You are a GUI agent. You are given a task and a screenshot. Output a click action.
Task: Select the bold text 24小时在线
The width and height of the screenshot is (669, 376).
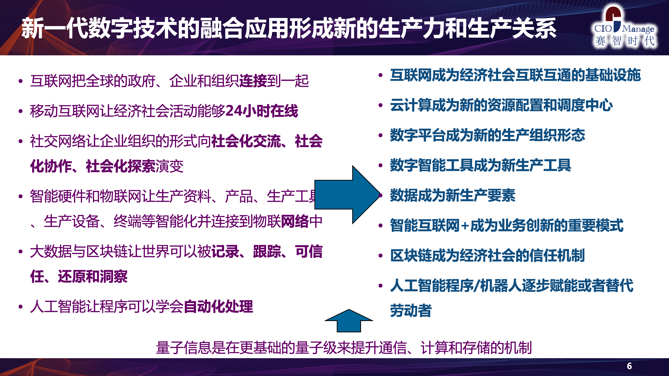[262, 111]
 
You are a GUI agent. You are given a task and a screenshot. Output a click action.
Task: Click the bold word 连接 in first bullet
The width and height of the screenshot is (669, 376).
[253, 81]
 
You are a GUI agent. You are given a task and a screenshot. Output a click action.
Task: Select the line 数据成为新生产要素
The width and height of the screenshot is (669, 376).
[453, 195]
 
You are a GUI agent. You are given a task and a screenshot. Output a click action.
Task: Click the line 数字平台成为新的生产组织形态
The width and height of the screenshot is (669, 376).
[487, 135]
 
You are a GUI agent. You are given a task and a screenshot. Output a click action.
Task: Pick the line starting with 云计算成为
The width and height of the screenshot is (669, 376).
[501, 105]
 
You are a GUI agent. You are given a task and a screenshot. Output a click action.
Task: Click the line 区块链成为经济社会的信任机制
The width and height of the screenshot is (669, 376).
[487, 255]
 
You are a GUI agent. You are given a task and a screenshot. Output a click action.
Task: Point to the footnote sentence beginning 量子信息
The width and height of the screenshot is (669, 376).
[344, 348]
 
